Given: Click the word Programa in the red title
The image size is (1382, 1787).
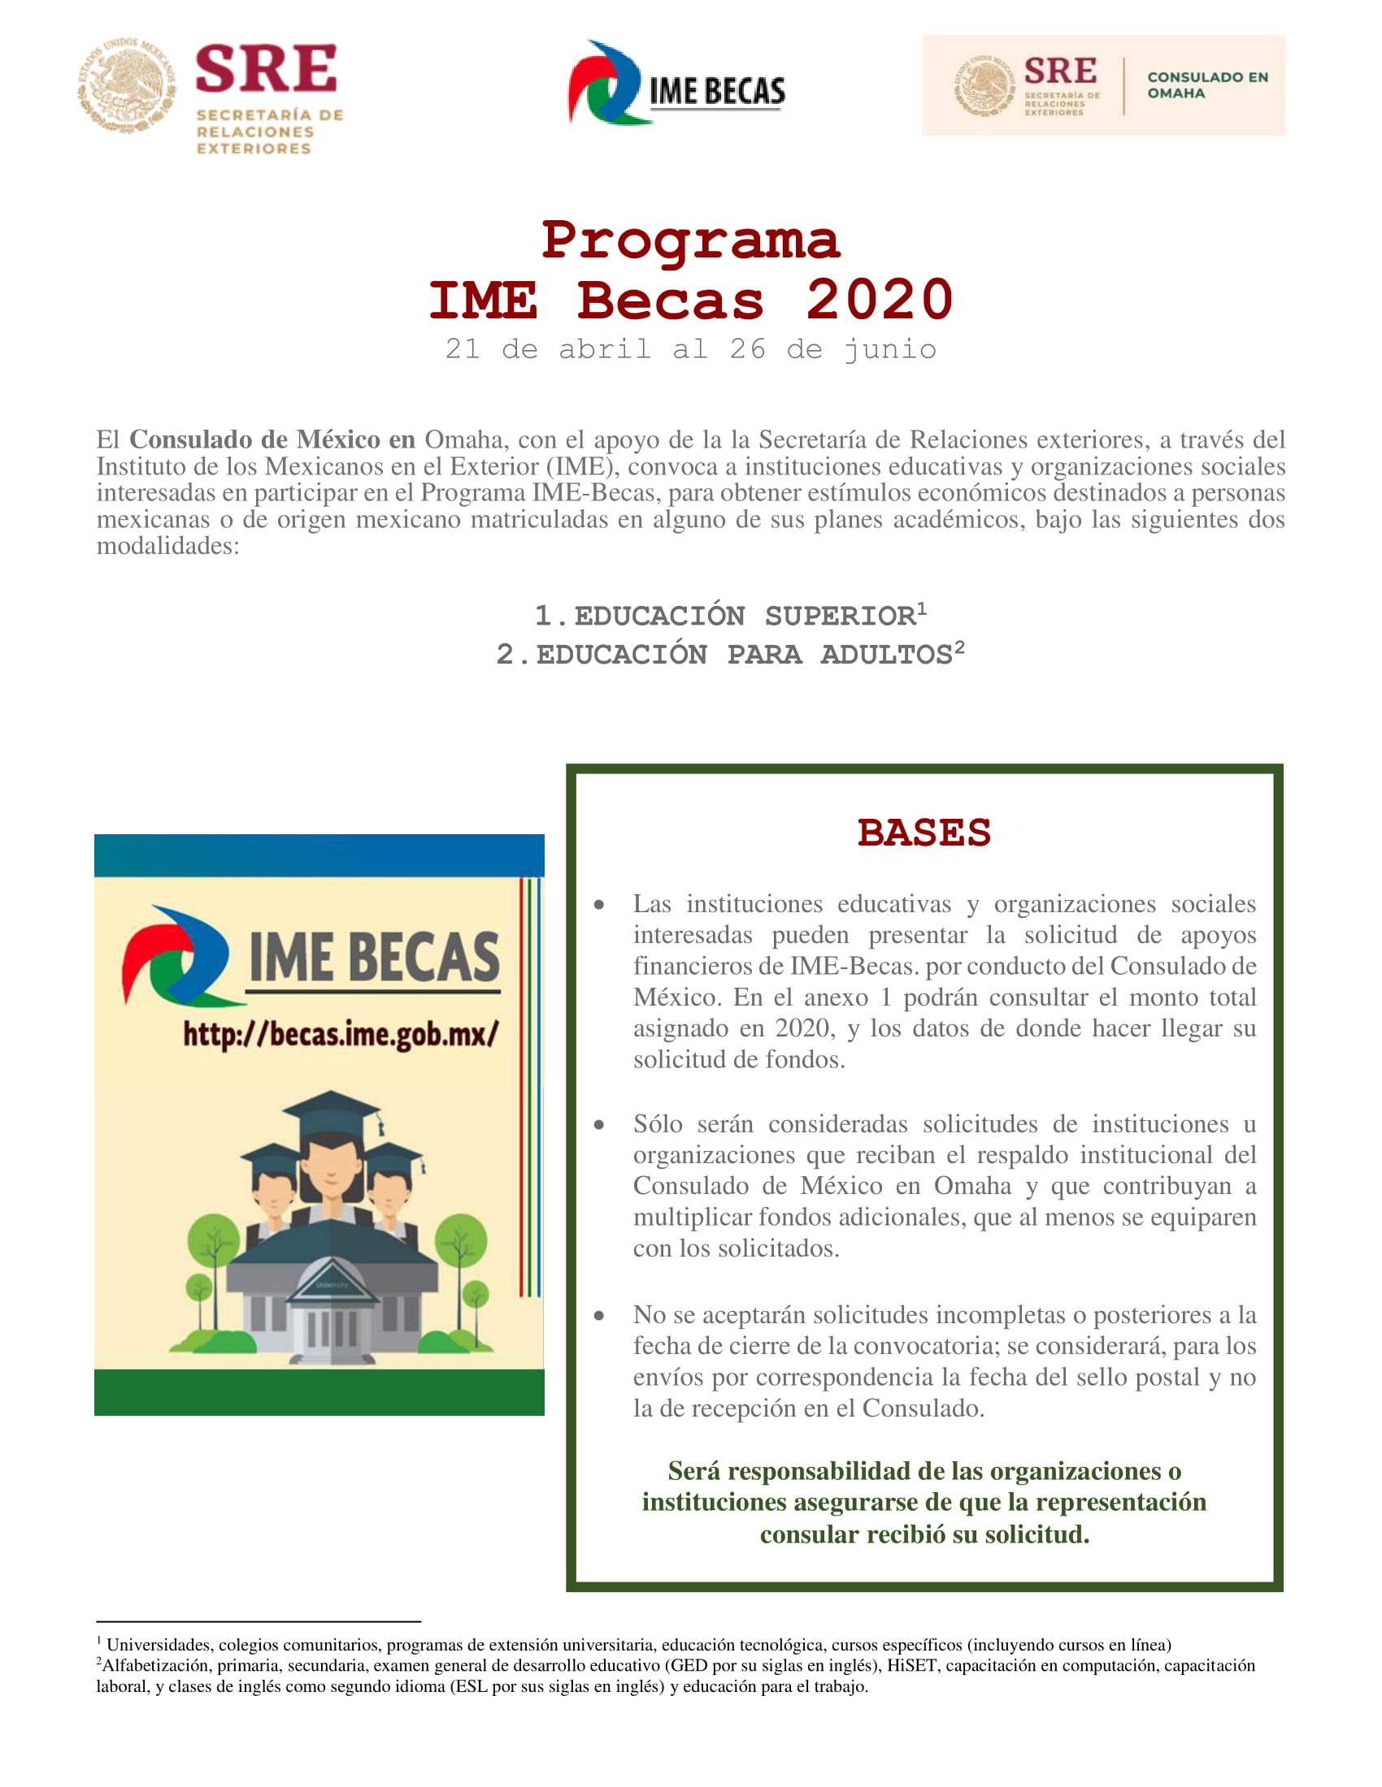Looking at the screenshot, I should click(x=690, y=240).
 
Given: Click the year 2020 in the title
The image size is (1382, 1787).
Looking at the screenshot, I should click(x=880, y=300).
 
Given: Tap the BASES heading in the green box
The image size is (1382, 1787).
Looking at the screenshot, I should click(x=924, y=832).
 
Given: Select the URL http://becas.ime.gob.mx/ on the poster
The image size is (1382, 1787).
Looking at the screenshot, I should click(x=341, y=1033).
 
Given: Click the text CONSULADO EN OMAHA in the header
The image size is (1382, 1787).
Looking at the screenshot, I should click(x=1206, y=85).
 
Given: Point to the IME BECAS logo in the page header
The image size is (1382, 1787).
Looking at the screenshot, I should click(x=676, y=84).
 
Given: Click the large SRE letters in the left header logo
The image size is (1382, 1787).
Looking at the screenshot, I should click(x=266, y=69).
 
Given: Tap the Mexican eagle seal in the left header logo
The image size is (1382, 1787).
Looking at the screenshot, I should click(x=126, y=85).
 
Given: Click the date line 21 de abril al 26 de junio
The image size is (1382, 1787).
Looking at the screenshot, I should click(x=690, y=349).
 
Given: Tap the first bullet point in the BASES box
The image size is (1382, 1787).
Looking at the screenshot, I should click(x=599, y=905).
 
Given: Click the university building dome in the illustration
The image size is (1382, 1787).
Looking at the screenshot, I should click(x=332, y=1283).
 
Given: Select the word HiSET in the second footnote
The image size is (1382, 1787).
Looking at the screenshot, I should click(x=912, y=1665).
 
